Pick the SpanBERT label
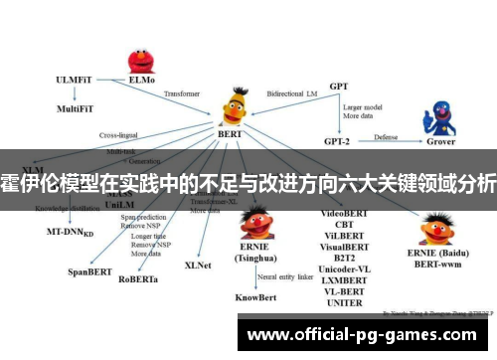pyautogui.click(x=89, y=270)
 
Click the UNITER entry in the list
pyautogui.click(x=344, y=302)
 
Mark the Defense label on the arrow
pyautogui.click(x=386, y=136)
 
